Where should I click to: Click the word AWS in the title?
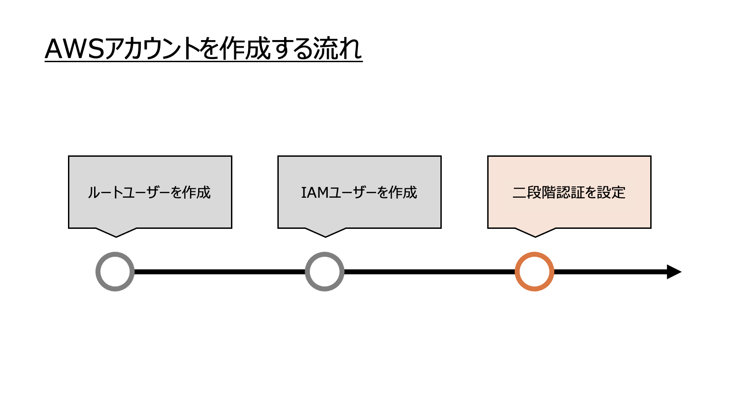coord(74,49)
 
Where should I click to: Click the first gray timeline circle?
coord(115,272)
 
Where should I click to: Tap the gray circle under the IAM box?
coord(325,272)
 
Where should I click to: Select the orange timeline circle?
coord(535,272)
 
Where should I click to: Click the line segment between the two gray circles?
coord(220,272)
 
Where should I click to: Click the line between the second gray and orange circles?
coord(430,272)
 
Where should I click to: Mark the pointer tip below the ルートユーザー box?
coord(116,235)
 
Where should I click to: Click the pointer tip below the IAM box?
coord(326,235)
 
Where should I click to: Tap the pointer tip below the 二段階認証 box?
coord(535,235)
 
